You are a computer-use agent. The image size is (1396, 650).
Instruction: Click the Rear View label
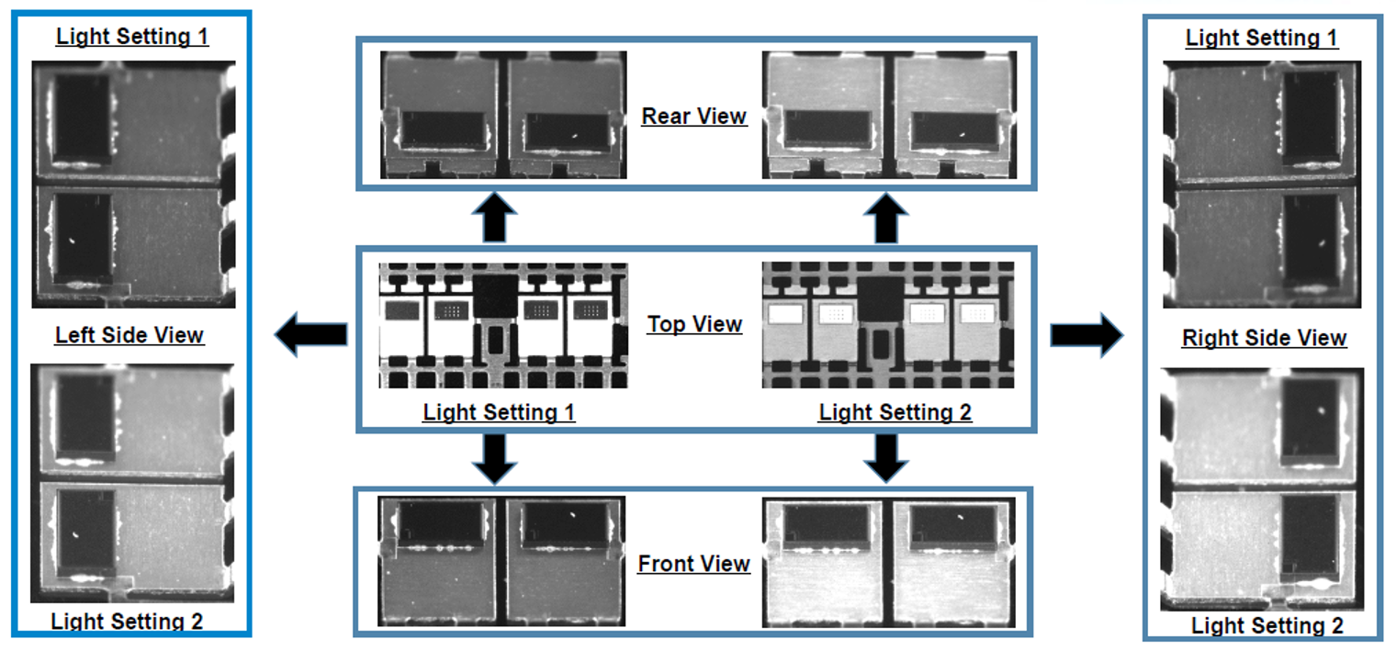[693, 117]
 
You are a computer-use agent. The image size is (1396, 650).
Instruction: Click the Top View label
[694, 324]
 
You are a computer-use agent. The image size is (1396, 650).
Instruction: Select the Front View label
[693, 564]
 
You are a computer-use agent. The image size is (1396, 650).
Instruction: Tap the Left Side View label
[129, 335]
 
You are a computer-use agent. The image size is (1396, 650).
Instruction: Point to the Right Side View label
[1264, 338]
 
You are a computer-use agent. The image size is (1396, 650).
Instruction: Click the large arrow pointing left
[310, 333]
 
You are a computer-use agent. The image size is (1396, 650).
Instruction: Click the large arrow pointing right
[1086, 333]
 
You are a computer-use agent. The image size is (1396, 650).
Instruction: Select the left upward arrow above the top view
[495, 218]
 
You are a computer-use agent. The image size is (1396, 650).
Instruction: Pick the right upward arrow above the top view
[885, 218]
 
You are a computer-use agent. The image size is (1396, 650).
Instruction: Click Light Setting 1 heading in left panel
[132, 37]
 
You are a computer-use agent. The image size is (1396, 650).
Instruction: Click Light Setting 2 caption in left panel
[127, 622]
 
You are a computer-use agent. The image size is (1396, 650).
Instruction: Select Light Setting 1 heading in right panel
[1262, 38]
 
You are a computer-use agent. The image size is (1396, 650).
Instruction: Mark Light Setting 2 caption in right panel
[1267, 626]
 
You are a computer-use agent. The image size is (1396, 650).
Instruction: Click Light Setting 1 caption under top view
[499, 412]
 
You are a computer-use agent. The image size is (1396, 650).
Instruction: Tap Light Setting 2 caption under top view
[895, 412]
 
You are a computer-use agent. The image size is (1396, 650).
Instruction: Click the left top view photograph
[503, 325]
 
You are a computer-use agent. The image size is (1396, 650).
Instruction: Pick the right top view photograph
[888, 325]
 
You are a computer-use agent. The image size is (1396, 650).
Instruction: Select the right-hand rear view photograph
[889, 115]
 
